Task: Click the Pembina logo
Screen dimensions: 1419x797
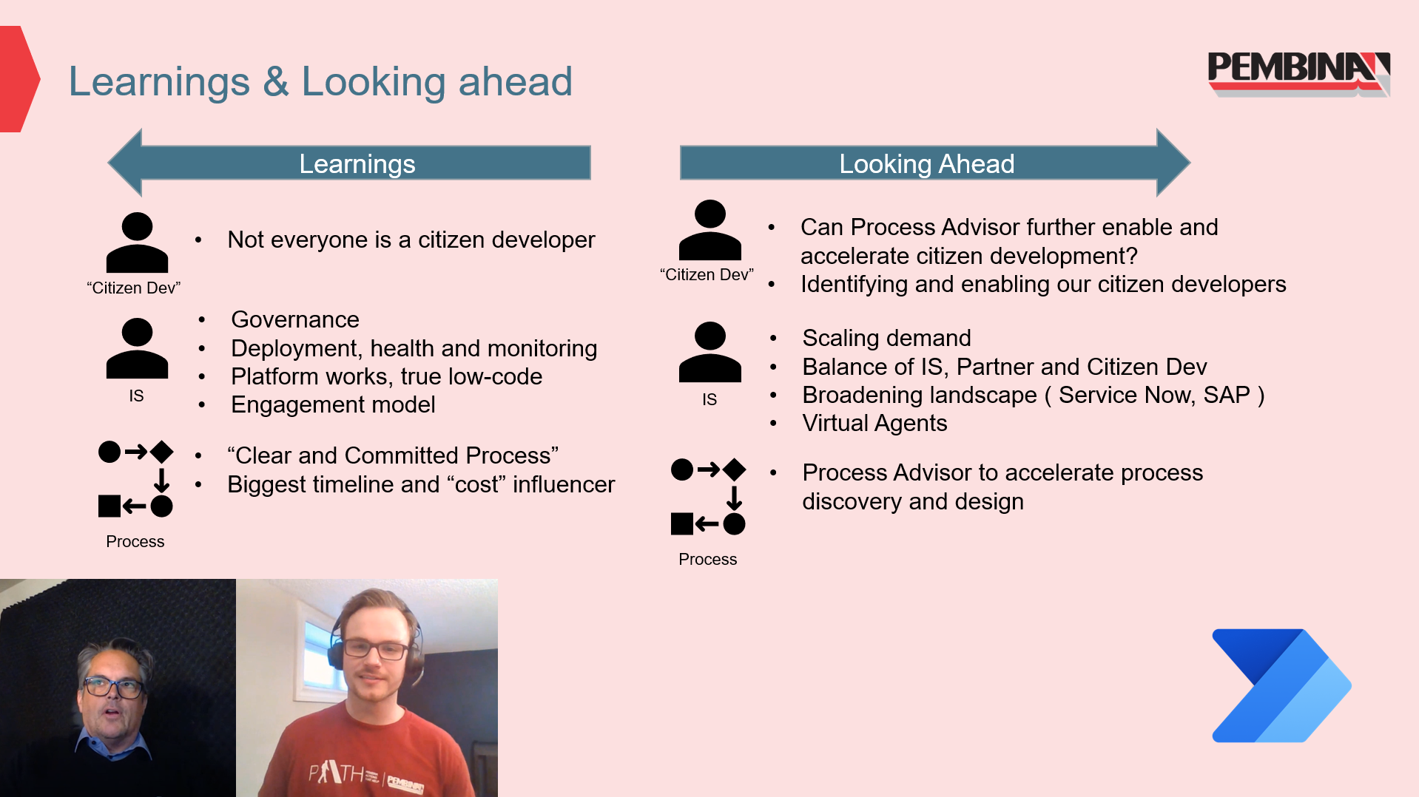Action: (x=1298, y=74)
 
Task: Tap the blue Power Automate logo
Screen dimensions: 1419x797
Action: (x=1281, y=685)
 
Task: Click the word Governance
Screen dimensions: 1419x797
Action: (x=295, y=319)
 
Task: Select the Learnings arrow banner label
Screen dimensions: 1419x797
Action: (x=357, y=163)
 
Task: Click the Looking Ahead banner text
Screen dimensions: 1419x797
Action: (x=926, y=163)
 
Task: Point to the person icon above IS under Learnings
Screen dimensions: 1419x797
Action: (x=137, y=348)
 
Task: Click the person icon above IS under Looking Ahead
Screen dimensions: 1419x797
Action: (x=709, y=352)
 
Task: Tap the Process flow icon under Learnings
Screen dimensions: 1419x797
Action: (x=135, y=479)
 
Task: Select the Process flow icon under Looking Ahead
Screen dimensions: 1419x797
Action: (x=708, y=497)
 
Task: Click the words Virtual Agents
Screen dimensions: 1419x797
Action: (x=874, y=423)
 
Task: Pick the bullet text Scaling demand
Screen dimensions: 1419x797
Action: (x=886, y=338)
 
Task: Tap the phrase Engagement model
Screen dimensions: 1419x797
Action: (x=333, y=404)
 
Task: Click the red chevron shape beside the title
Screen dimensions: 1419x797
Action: (x=19, y=79)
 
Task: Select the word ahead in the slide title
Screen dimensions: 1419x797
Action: (x=515, y=81)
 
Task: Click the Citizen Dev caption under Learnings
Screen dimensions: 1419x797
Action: (x=134, y=288)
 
